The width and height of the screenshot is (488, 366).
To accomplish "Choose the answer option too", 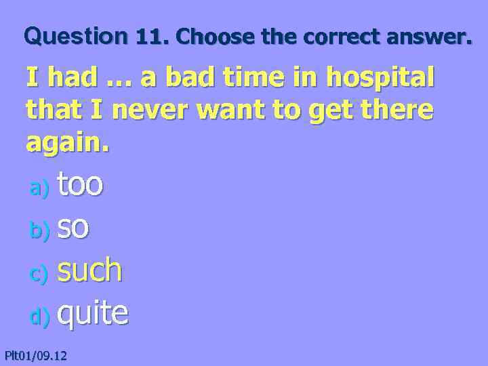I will (x=80, y=184).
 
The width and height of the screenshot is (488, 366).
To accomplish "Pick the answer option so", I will (x=73, y=228).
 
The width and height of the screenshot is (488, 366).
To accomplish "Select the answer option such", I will (x=89, y=270).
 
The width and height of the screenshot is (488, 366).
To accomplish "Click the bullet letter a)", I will (x=39, y=189).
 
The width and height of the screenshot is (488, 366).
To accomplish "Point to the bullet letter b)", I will (x=39, y=232).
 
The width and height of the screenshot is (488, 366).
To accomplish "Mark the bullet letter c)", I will (x=39, y=274).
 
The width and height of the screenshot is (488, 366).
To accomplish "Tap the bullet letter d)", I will (x=39, y=316).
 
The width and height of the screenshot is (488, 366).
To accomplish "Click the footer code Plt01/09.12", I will (x=35, y=354).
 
